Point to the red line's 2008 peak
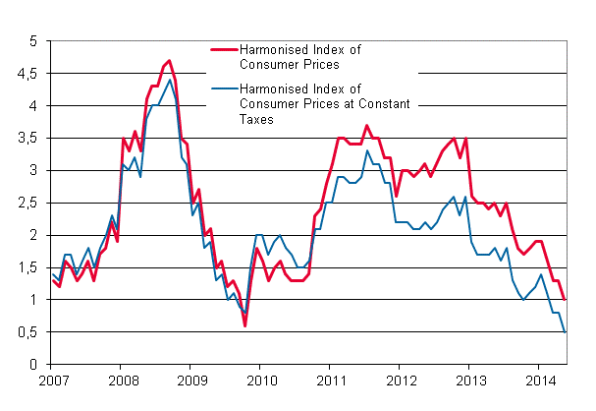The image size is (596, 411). [169, 60]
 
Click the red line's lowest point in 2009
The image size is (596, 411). [244, 325]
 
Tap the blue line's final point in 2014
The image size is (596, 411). [565, 332]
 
